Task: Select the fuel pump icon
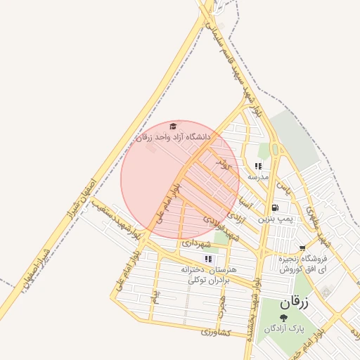pyautogui.click(x=274, y=208)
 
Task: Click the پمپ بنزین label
pyautogui.click(x=274, y=219)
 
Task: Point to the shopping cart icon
pyautogui.click(x=302, y=248)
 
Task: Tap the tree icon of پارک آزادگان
pyautogui.click(x=283, y=319)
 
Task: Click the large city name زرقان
pyautogui.click(x=294, y=303)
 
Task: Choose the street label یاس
pyautogui.click(x=282, y=188)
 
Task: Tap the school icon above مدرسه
pyautogui.click(x=258, y=167)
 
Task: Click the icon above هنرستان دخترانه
pyautogui.click(x=207, y=259)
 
